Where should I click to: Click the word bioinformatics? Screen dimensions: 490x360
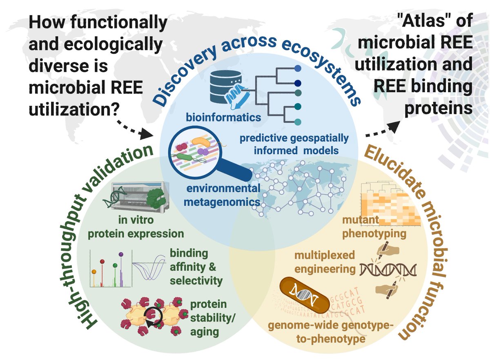click(x=223, y=117)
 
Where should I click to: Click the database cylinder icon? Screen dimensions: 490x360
click(x=225, y=87)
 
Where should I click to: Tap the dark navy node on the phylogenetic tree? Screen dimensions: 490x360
click(x=298, y=83)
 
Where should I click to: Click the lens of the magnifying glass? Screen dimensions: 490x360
click(x=195, y=152)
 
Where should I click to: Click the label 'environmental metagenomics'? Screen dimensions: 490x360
click(x=222, y=195)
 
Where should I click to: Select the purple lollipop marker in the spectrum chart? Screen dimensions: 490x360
click(x=121, y=254)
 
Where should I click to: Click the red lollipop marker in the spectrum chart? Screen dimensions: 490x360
click(x=102, y=262)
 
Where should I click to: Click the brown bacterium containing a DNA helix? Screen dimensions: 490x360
click(x=305, y=295)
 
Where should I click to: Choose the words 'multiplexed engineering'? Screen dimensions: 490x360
click(x=325, y=262)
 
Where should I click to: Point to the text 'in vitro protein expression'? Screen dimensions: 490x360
click(x=136, y=227)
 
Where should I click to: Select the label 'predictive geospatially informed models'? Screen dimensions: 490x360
click(x=294, y=144)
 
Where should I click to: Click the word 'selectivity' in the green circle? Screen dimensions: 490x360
click(x=196, y=280)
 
